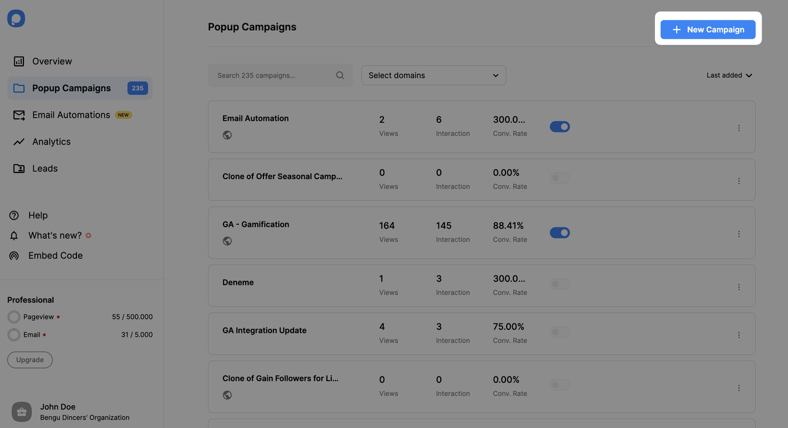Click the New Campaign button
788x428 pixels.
click(708, 30)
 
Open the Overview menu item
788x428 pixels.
click(52, 62)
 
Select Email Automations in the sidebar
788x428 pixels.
click(71, 115)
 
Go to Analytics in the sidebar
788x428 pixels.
click(51, 142)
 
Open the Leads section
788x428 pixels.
click(44, 169)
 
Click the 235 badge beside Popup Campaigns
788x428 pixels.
click(137, 88)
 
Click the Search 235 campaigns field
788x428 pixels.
click(274, 76)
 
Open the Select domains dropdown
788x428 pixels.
click(433, 76)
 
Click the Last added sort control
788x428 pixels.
click(729, 76)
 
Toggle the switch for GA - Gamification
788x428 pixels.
click(560, 233)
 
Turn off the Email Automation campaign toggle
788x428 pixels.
click(560, 127)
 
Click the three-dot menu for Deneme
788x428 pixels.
click(739, 287)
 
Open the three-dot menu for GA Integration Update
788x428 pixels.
click(739, 335)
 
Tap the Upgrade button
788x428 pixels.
click(30, 360)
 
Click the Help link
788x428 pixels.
click(38, 216)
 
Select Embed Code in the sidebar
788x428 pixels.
click(55, 256)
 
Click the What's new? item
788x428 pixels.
click(55, 236)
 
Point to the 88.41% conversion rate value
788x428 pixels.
click(508, 226)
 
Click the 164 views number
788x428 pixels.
click(387, 226)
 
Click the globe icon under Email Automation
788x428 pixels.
click(227, 135)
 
